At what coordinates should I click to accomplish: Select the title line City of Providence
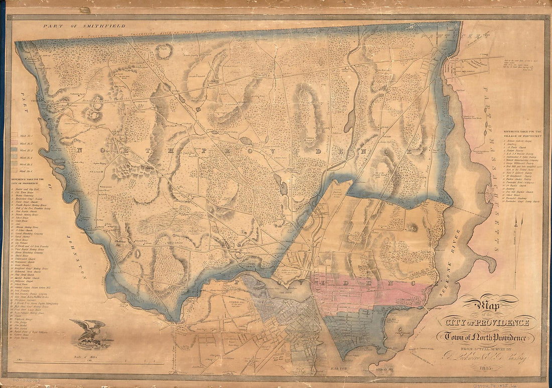(x=485, y=322)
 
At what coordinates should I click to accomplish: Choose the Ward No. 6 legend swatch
(x=15, y=171)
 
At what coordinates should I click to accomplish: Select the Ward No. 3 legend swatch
(x=15, y=150)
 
